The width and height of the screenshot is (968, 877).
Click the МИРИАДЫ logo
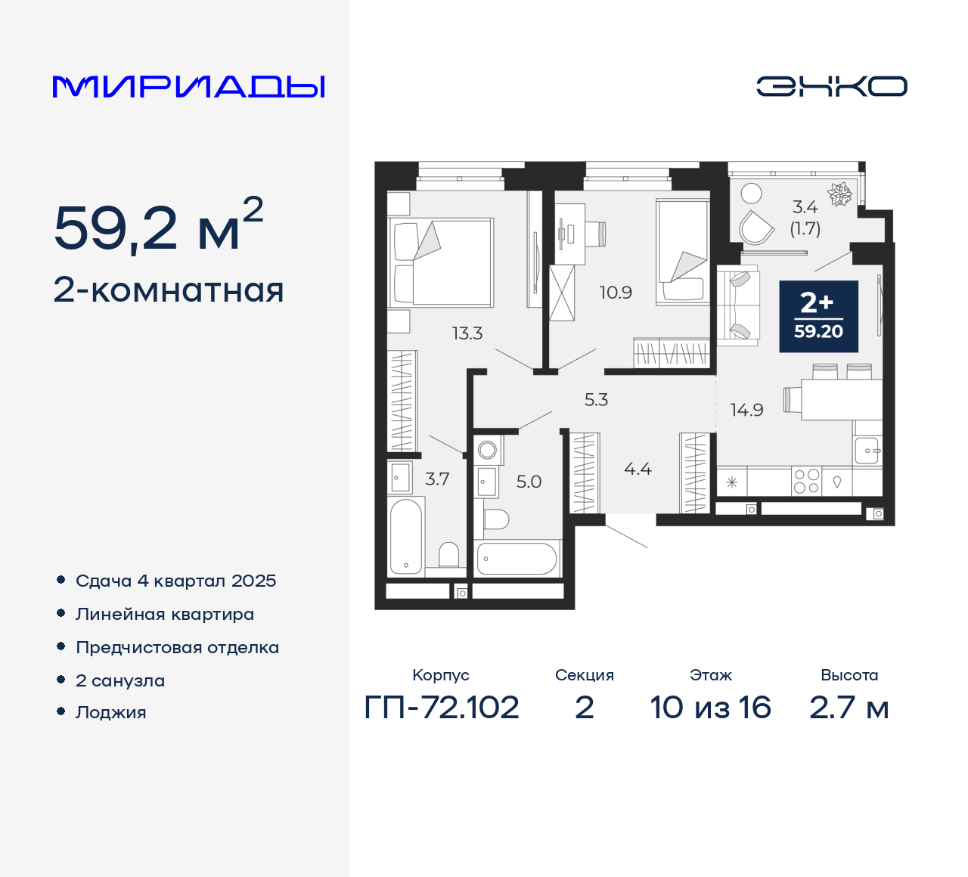click(188, 86)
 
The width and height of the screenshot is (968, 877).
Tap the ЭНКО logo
click(831, 86)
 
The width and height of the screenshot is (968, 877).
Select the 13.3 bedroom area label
click(467, 333)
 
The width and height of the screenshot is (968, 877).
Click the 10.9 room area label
click(616, 293)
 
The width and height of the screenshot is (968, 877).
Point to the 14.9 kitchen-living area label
click(746, 411)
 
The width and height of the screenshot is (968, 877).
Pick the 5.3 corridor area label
click(596, 400)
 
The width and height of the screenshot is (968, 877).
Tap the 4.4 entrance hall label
click(638, 469)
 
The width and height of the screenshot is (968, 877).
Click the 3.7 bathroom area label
click(437, 479)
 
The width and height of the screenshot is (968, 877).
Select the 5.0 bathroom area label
click(529, 482)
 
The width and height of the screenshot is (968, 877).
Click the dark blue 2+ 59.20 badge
click(818, 316)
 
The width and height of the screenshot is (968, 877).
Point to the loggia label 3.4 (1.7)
click(805, 218)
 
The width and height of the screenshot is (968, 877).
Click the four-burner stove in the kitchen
click(806, 482)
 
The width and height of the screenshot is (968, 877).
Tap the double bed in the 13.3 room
click(442, 262)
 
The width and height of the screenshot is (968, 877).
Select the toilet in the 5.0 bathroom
click(496, 519)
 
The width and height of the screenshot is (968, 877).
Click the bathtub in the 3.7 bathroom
click(405, 536)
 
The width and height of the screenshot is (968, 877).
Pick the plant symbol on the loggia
click(839, 194)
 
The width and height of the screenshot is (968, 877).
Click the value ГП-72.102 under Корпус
click(442, 708)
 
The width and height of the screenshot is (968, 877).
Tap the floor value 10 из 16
click(710, 708)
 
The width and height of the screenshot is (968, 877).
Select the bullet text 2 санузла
click(120, 680)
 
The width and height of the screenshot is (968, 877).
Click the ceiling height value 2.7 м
click(849, 708)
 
